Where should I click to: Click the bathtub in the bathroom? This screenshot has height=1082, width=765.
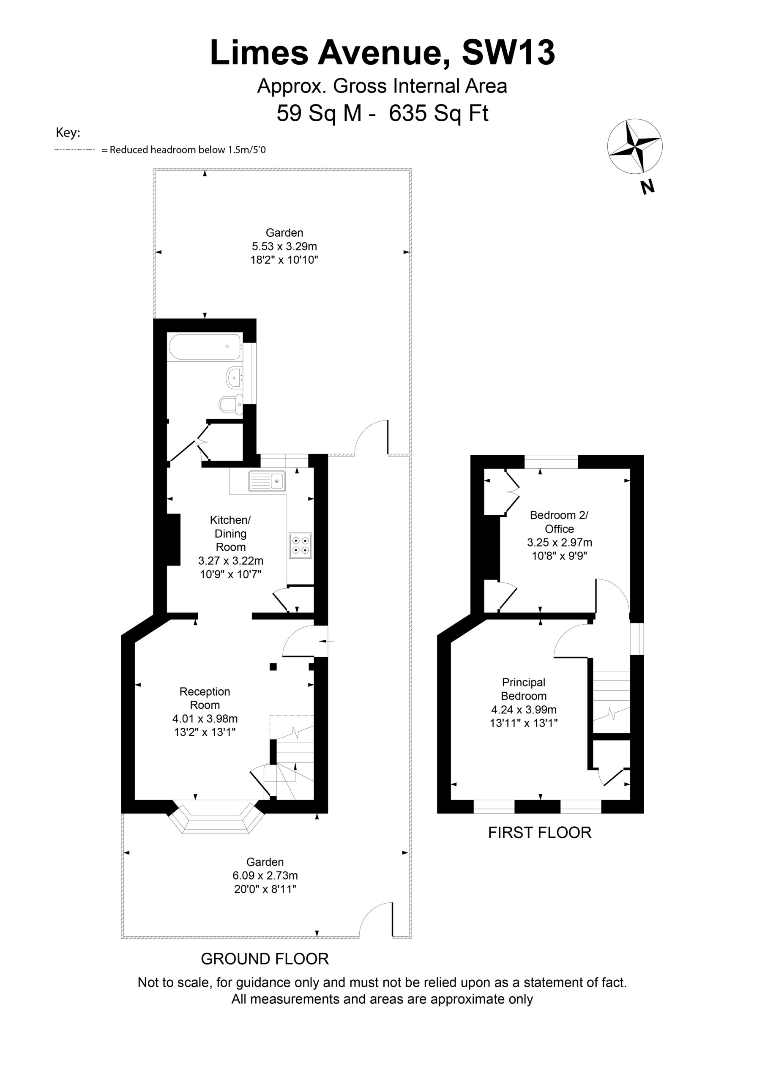click(x=205, y=347)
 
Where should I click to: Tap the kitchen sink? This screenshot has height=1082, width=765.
click(x=267, y=481)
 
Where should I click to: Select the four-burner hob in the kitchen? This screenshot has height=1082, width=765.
click(x=300, y=545)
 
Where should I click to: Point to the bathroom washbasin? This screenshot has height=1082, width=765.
click(x=235, y=377)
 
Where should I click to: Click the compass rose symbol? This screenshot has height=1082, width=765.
click(x=634, y=146)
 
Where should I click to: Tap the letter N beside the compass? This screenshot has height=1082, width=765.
click(x=648, y=187)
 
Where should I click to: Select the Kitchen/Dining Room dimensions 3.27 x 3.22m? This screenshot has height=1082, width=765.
click(x=230, y=561)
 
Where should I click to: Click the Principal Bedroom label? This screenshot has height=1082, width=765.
click(x=524, y=689)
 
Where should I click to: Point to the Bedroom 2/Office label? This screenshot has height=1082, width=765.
click(x=559, y=522)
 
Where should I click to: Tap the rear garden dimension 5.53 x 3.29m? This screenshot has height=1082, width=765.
click(x=284, y=246)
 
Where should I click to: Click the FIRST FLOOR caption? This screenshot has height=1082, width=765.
click(x=539, y=833)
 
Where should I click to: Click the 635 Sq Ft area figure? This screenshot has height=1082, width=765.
click(x=438, y=113)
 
